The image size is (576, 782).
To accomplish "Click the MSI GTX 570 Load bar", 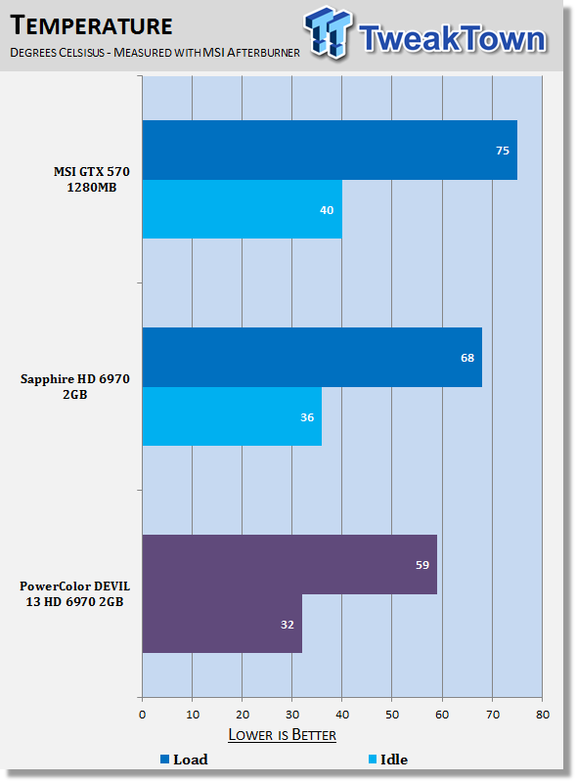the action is [330, 151].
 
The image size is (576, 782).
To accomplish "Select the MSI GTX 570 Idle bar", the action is [243, 209].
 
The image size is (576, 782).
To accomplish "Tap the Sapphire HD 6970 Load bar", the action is [312, 357].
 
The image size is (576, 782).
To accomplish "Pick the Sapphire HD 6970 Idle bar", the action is [232, 416].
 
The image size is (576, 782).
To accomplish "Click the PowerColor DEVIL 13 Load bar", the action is [289, 565].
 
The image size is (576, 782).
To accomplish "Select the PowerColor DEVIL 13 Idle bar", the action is [222, 624].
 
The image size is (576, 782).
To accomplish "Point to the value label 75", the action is [503, 151].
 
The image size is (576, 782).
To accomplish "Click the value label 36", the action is [307, 417].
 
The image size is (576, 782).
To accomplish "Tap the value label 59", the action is [422, 565].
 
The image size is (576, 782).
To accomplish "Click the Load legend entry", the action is [184, 760].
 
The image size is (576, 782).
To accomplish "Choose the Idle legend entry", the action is [388, 760].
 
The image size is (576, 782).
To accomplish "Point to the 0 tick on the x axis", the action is [142, 715].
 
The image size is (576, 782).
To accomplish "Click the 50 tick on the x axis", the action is [392, 715].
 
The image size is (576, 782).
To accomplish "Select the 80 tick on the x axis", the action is [543, 715].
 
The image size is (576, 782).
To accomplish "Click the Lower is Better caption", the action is [282, 735].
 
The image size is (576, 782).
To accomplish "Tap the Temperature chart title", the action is [91, 25].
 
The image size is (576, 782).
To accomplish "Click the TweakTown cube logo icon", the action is [328, 32].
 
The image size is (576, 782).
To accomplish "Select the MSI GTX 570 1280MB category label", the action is [92, 180].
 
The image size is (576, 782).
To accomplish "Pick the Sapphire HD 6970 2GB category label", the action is [75, 386].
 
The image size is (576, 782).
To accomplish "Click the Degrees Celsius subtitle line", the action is [155, 53].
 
